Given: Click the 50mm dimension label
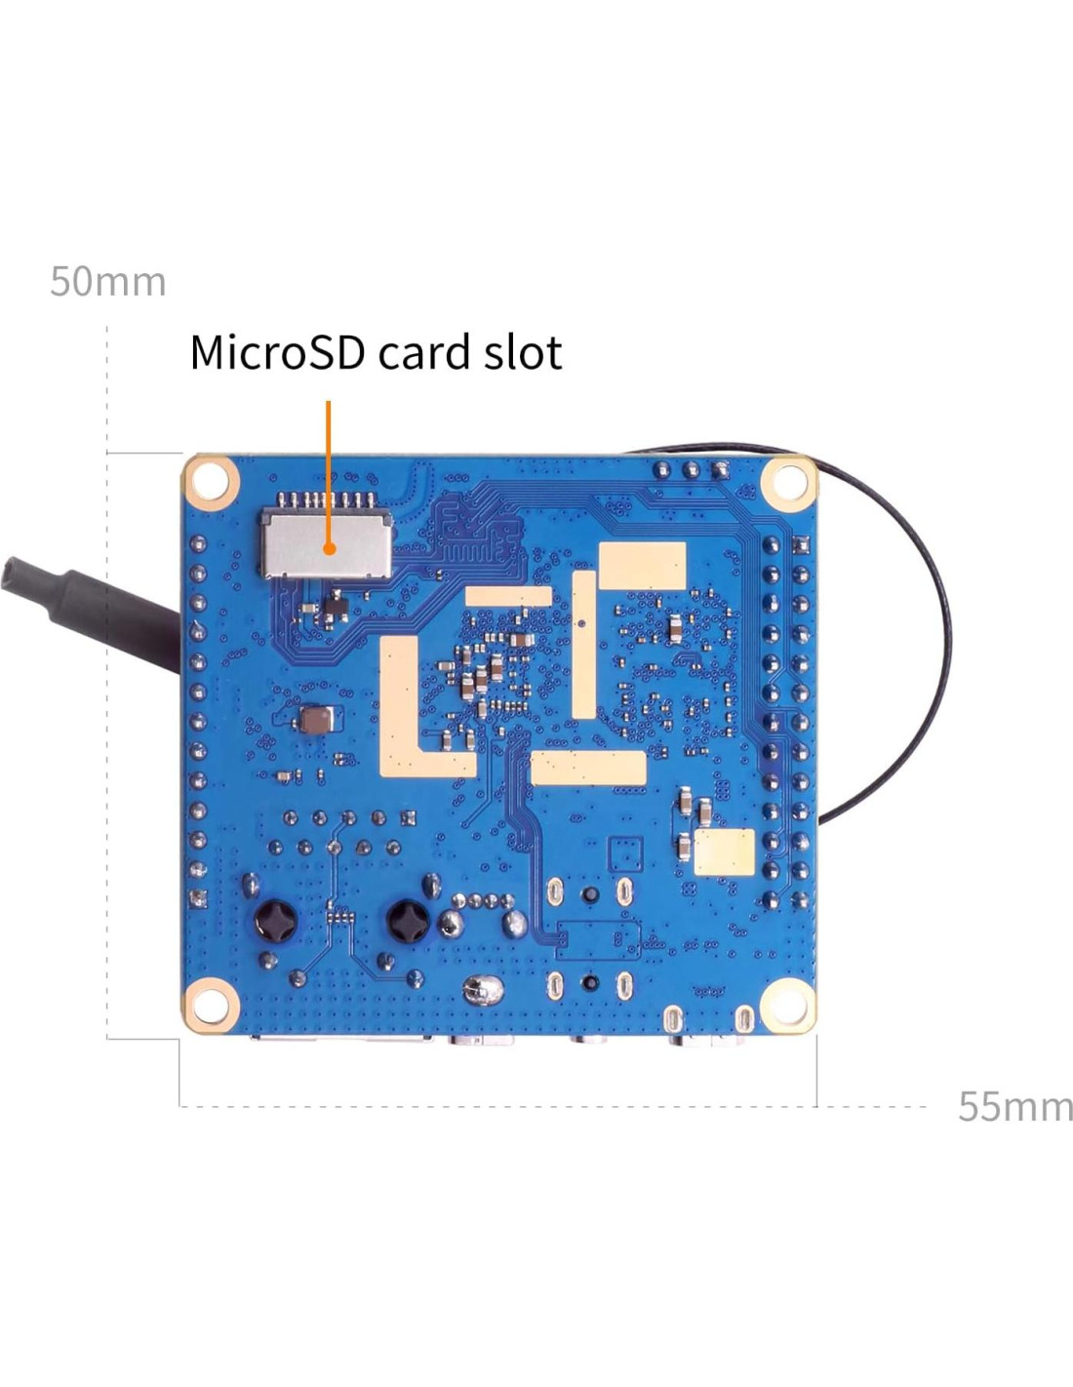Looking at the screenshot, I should coord(107,281).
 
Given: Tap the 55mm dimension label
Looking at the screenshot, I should coord(1014,1106).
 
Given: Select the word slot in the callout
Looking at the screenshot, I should coord(523,352).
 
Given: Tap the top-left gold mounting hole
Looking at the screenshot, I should coord(211,481).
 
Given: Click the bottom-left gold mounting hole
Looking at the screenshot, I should coord(211,1005).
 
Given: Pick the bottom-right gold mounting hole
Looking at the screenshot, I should coord(787,1005).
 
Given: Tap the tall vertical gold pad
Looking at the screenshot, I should coord(583,644).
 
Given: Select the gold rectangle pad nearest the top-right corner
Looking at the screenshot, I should coord(642,566).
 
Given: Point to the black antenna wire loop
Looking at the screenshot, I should coord(936,634).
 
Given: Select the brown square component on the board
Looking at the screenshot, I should coord(316,722).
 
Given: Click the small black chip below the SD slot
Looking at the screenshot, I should coord(335,607).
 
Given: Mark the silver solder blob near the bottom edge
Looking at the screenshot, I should coord(481,992).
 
